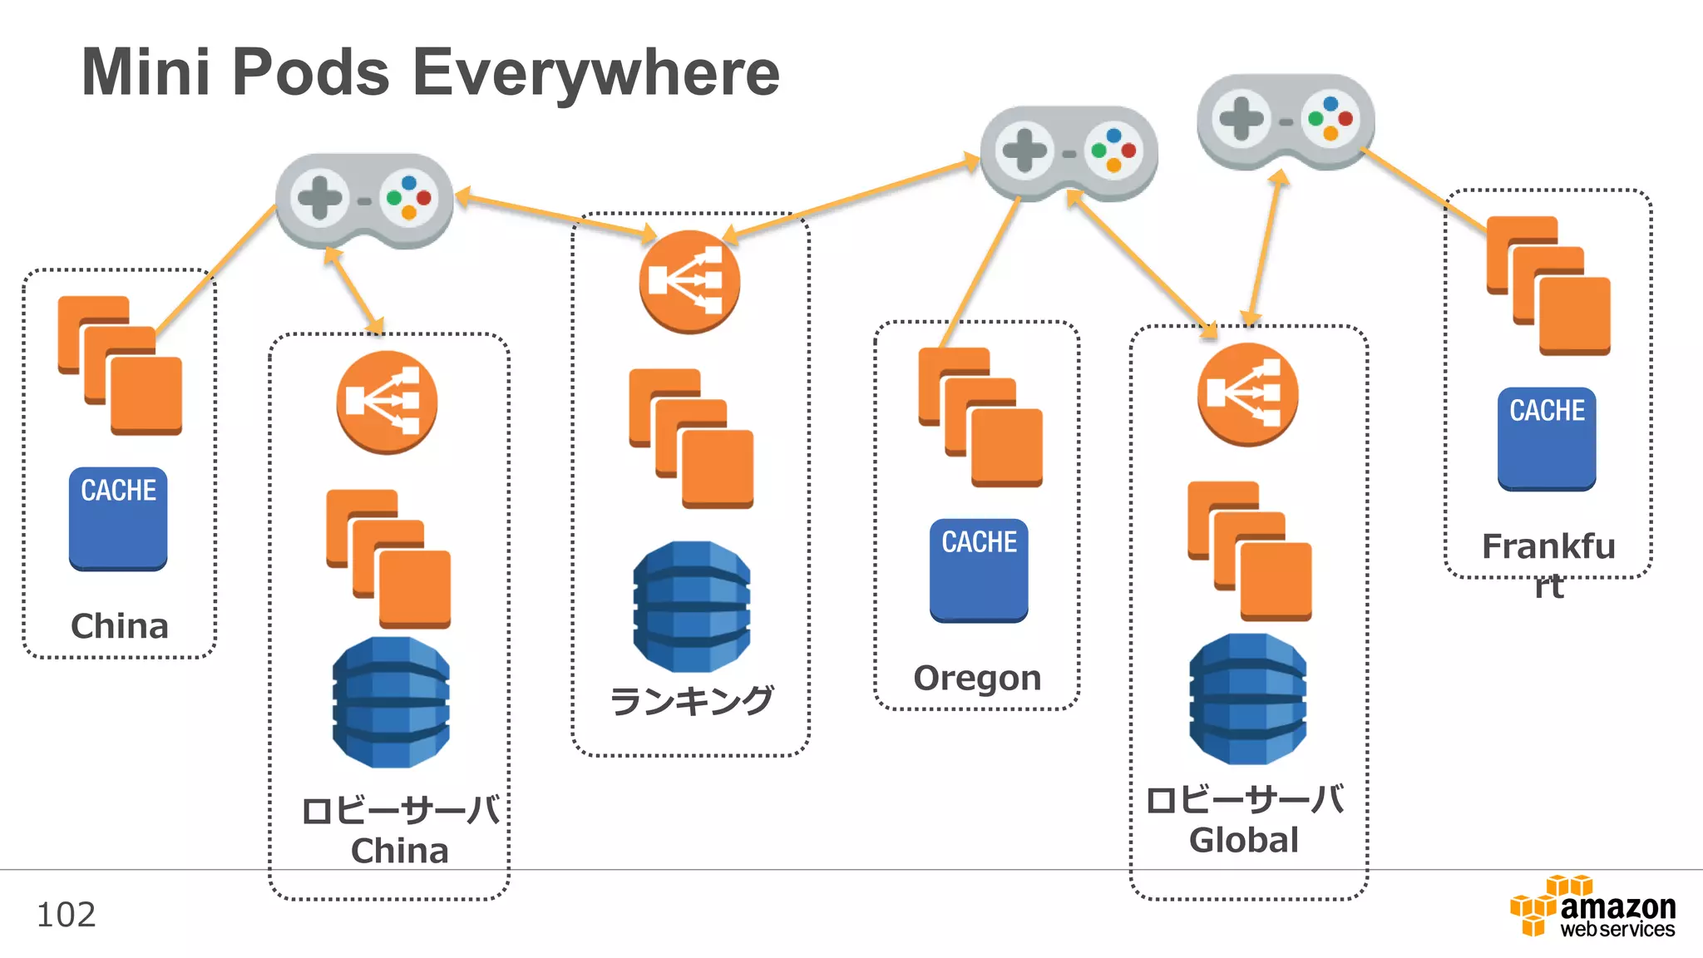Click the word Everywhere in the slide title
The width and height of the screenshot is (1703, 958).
click(x=595, y=73)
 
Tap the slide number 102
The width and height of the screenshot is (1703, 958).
click(x=67, y=915)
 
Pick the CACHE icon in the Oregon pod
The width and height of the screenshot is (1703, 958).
click(x=979, y=570)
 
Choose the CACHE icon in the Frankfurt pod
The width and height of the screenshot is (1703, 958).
click(x=1547, y=439)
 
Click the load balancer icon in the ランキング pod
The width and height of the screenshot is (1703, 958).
click(x=689, y=282)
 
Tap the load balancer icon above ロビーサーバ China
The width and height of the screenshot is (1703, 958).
click(x=387, y=402)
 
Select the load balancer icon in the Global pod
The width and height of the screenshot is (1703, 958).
click(x=1247, y=394)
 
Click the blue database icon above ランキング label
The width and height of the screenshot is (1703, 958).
click(x=692, y=607)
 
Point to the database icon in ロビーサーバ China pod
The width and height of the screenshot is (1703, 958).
click(x=391, y=702)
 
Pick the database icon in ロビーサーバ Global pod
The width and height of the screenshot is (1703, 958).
click(x=1247, y=699)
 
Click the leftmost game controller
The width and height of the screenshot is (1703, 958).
click(x=364, y=200)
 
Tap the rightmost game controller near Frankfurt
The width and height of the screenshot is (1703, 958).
click(x=1286, y=121)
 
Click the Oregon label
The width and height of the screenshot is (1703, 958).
click(x=977, y=678)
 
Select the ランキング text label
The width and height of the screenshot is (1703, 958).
click(x=692, y=700)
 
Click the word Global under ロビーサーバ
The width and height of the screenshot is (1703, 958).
click(x=1244, y=840)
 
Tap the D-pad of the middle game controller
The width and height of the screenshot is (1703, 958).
click(x=1024, y=151)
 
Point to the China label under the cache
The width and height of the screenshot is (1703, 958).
click(x=120, y=626)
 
